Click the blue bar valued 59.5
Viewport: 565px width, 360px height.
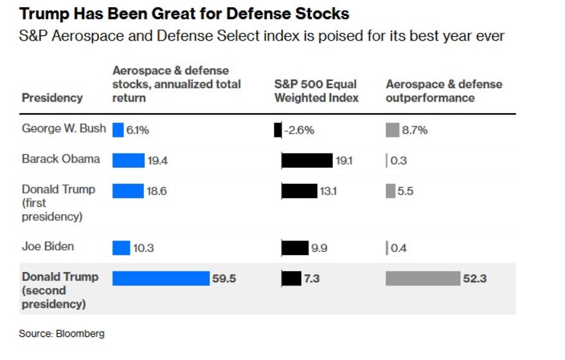pos(161,278)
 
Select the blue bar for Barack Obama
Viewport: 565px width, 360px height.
pos(129,160)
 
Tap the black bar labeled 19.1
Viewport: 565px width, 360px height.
pos(307,160)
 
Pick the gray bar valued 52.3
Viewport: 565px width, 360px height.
pos(423,278)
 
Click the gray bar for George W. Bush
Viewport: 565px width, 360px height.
pos(392,130)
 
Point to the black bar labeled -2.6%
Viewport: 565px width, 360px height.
pos(278,130)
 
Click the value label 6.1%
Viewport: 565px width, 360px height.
pos(138,130)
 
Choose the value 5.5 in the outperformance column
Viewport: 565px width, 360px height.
pos(406,191)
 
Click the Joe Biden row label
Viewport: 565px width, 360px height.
pos(48,246)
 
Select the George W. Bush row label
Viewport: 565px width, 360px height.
pos(64,128)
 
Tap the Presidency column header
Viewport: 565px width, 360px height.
pos(52,98)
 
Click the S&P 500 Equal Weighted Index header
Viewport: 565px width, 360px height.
pos(316,91)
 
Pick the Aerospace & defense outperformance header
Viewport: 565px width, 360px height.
pos(444,91)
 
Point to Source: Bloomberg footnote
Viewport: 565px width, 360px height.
pos(62,334)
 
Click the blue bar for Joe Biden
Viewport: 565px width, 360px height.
pos(121,248)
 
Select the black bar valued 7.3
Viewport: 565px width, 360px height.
pos(291,278)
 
